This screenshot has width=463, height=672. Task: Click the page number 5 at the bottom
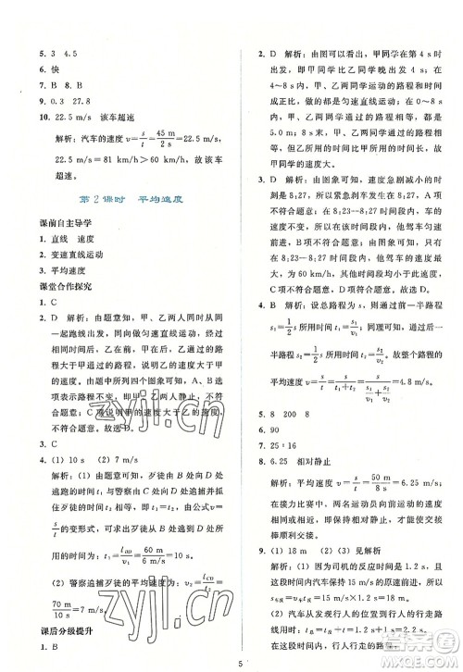pos(239,660)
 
